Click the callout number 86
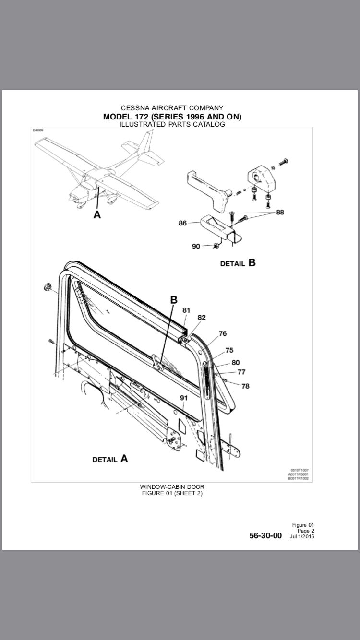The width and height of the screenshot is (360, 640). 182,223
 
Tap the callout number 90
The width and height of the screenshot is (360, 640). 196,246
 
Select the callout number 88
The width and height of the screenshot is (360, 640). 280,212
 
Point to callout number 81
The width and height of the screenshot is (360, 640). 186,310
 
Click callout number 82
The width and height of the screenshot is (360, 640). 202,318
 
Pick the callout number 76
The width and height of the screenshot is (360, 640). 223,333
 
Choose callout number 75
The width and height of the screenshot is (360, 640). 229,350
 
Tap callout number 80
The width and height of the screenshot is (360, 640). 235,363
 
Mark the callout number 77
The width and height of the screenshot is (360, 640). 241,372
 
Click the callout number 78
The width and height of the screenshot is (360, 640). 245,386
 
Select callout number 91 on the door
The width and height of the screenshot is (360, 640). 184,398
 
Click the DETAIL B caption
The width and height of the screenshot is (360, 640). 238,263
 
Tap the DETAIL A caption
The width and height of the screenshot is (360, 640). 110,459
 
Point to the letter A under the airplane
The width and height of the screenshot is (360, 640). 97,215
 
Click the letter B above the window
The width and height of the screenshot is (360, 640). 174,300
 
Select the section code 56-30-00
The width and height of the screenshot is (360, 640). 265,536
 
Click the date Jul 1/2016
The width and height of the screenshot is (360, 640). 302,536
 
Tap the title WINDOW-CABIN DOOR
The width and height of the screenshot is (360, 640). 172,487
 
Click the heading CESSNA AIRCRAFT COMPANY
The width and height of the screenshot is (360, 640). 172,108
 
